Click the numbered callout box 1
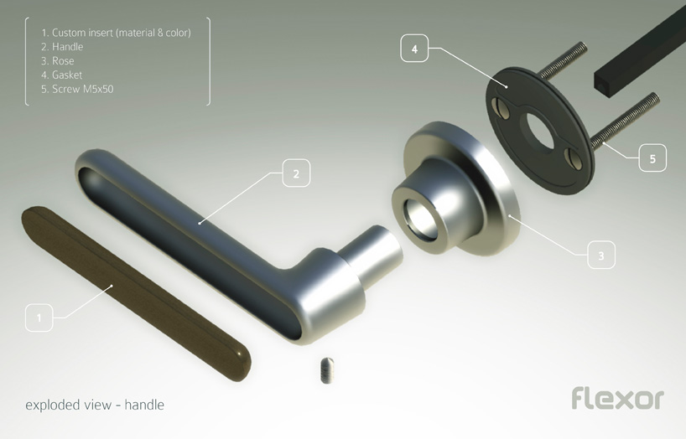[39, 318]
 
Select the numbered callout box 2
[296, 173]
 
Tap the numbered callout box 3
[600, 255]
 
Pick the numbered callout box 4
[414, 49]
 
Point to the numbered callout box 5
[652, 158]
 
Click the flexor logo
[618, 397]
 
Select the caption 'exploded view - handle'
[95, 405]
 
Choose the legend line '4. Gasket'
[62, 75]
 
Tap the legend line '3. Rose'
[58, 61]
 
